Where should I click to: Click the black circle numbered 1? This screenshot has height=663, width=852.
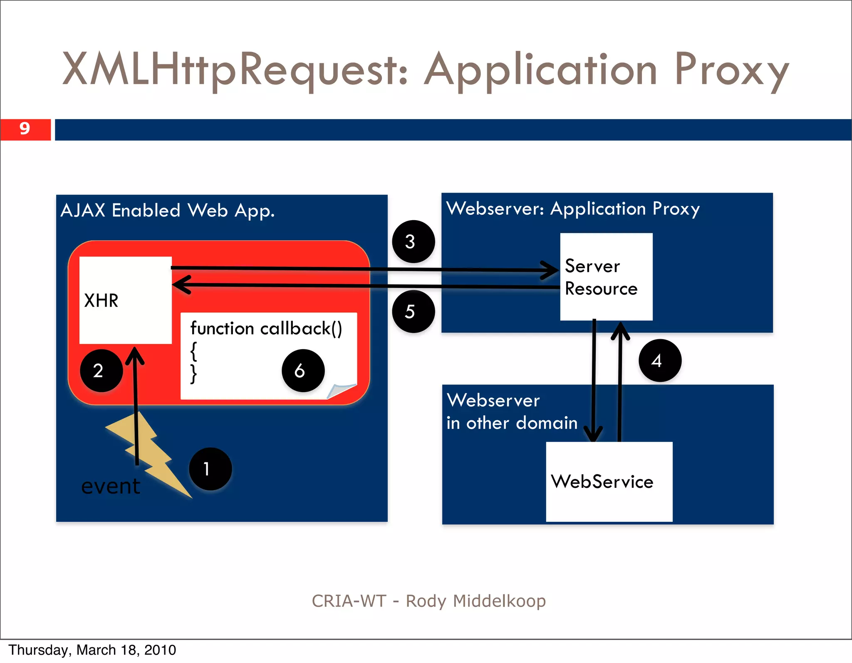click(210, 469)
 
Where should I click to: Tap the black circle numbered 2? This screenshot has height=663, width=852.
click(101, 370)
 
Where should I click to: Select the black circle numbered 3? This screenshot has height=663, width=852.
click(413, 241)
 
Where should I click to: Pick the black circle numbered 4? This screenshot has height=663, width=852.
click(660, 360)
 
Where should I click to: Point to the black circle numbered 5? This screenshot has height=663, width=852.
click(413, 311)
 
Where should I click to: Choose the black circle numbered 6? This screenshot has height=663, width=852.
click(303, 370)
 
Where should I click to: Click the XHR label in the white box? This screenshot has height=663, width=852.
click(101, 300)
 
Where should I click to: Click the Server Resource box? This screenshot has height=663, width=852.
click(606, 277)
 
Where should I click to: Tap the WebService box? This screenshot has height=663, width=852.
click(609, 482)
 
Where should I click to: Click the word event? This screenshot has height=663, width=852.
click(111, 486)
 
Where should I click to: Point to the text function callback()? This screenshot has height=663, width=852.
click(266, 328)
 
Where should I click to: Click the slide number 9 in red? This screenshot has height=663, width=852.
click(25, 129)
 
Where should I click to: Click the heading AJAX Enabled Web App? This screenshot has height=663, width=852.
click(168, 210)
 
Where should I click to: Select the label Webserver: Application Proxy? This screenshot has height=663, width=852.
click(573, 209)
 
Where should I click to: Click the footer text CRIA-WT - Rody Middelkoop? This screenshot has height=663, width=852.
click(428, 601)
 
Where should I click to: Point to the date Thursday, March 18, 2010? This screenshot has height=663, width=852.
click(92, 650)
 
